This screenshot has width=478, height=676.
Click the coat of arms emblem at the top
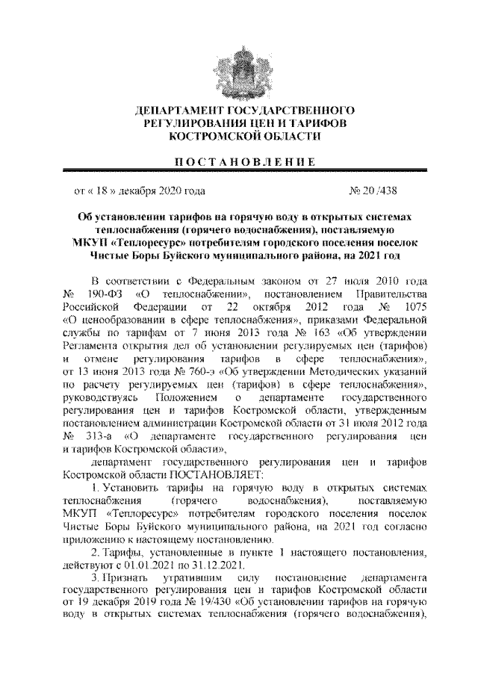click(x=239, y=66)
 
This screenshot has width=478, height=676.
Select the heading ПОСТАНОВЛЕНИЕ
click(x=239, y=162)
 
